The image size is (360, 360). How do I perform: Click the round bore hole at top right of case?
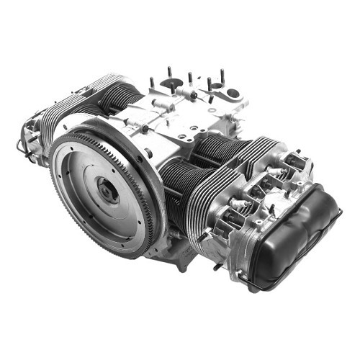(x=233, y=94)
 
